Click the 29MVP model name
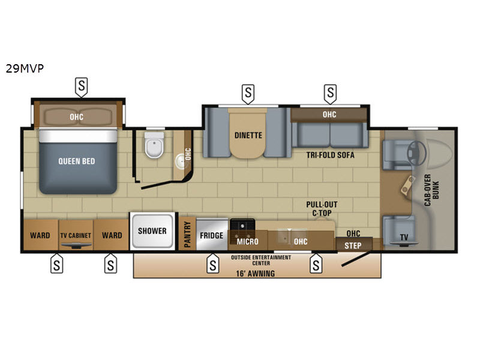pos(25,68)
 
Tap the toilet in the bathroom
pos(154,145)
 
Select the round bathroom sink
pos(181,161)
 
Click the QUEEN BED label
pos(77,161)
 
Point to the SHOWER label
pos(152,231)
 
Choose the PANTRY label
pos(187,235)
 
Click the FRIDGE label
pos(212,235)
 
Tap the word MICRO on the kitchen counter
pos(247,242)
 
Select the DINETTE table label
pos(248,136)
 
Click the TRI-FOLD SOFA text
pos(331,155)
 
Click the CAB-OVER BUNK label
pos(431,190)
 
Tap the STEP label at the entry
pos(353,245)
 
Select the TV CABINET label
pos(76,235)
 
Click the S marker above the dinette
pos(248,94)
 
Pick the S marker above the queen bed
pos(82,87)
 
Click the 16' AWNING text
pos(256,274)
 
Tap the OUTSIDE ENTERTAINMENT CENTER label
pos(261,260)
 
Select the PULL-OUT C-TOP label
pos(322,209)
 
